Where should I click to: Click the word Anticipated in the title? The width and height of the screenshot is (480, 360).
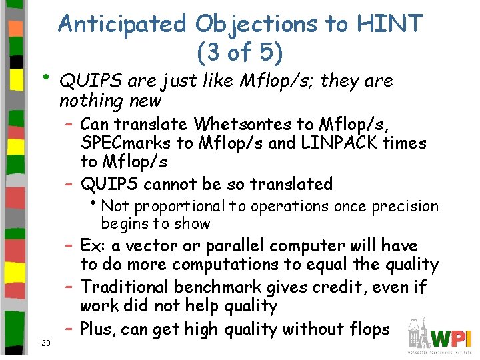click(x=123, y=24)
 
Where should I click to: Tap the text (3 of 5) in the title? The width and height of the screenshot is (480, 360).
click(x=240, y=51)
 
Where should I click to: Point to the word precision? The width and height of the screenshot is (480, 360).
click(x=405, y=207)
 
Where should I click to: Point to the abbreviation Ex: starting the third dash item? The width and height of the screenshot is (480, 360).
click(x=93, y=245)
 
